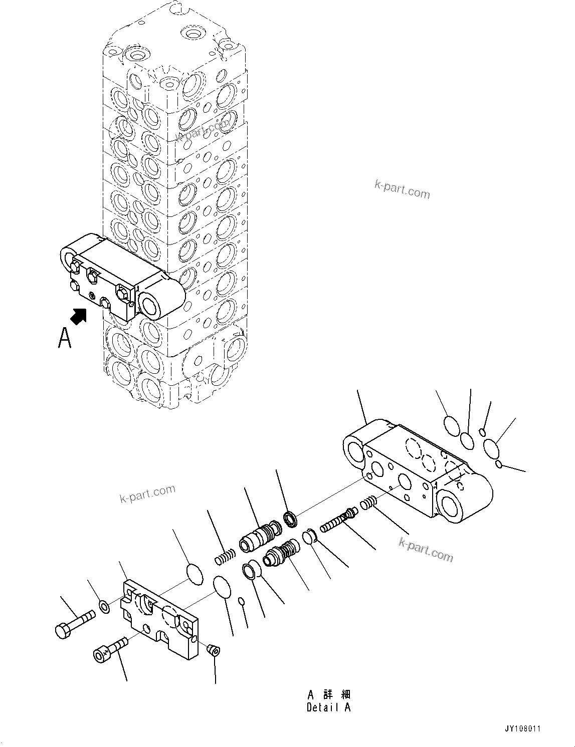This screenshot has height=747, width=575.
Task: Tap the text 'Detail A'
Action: (328, 707)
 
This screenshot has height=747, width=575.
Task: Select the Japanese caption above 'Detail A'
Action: (329, 694)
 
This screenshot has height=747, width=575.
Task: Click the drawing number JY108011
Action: (522, 729)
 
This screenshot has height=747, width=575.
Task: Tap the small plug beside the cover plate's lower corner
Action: (214, 650)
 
